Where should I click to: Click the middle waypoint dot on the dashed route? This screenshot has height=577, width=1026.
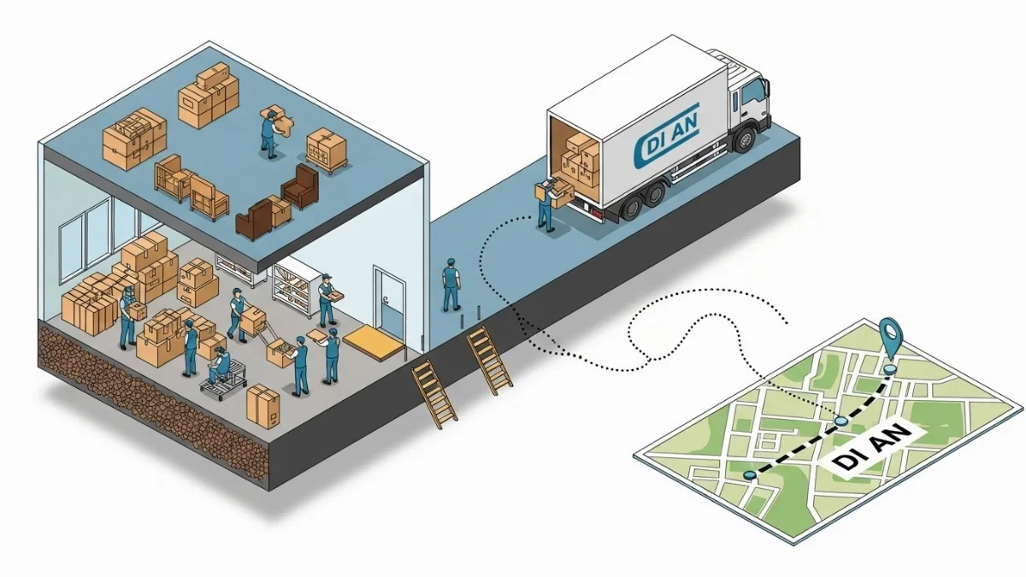tap(841, 421)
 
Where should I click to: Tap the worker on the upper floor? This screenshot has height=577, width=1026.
tap(271, 132)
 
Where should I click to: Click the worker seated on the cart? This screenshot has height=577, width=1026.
tap(221, 367)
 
